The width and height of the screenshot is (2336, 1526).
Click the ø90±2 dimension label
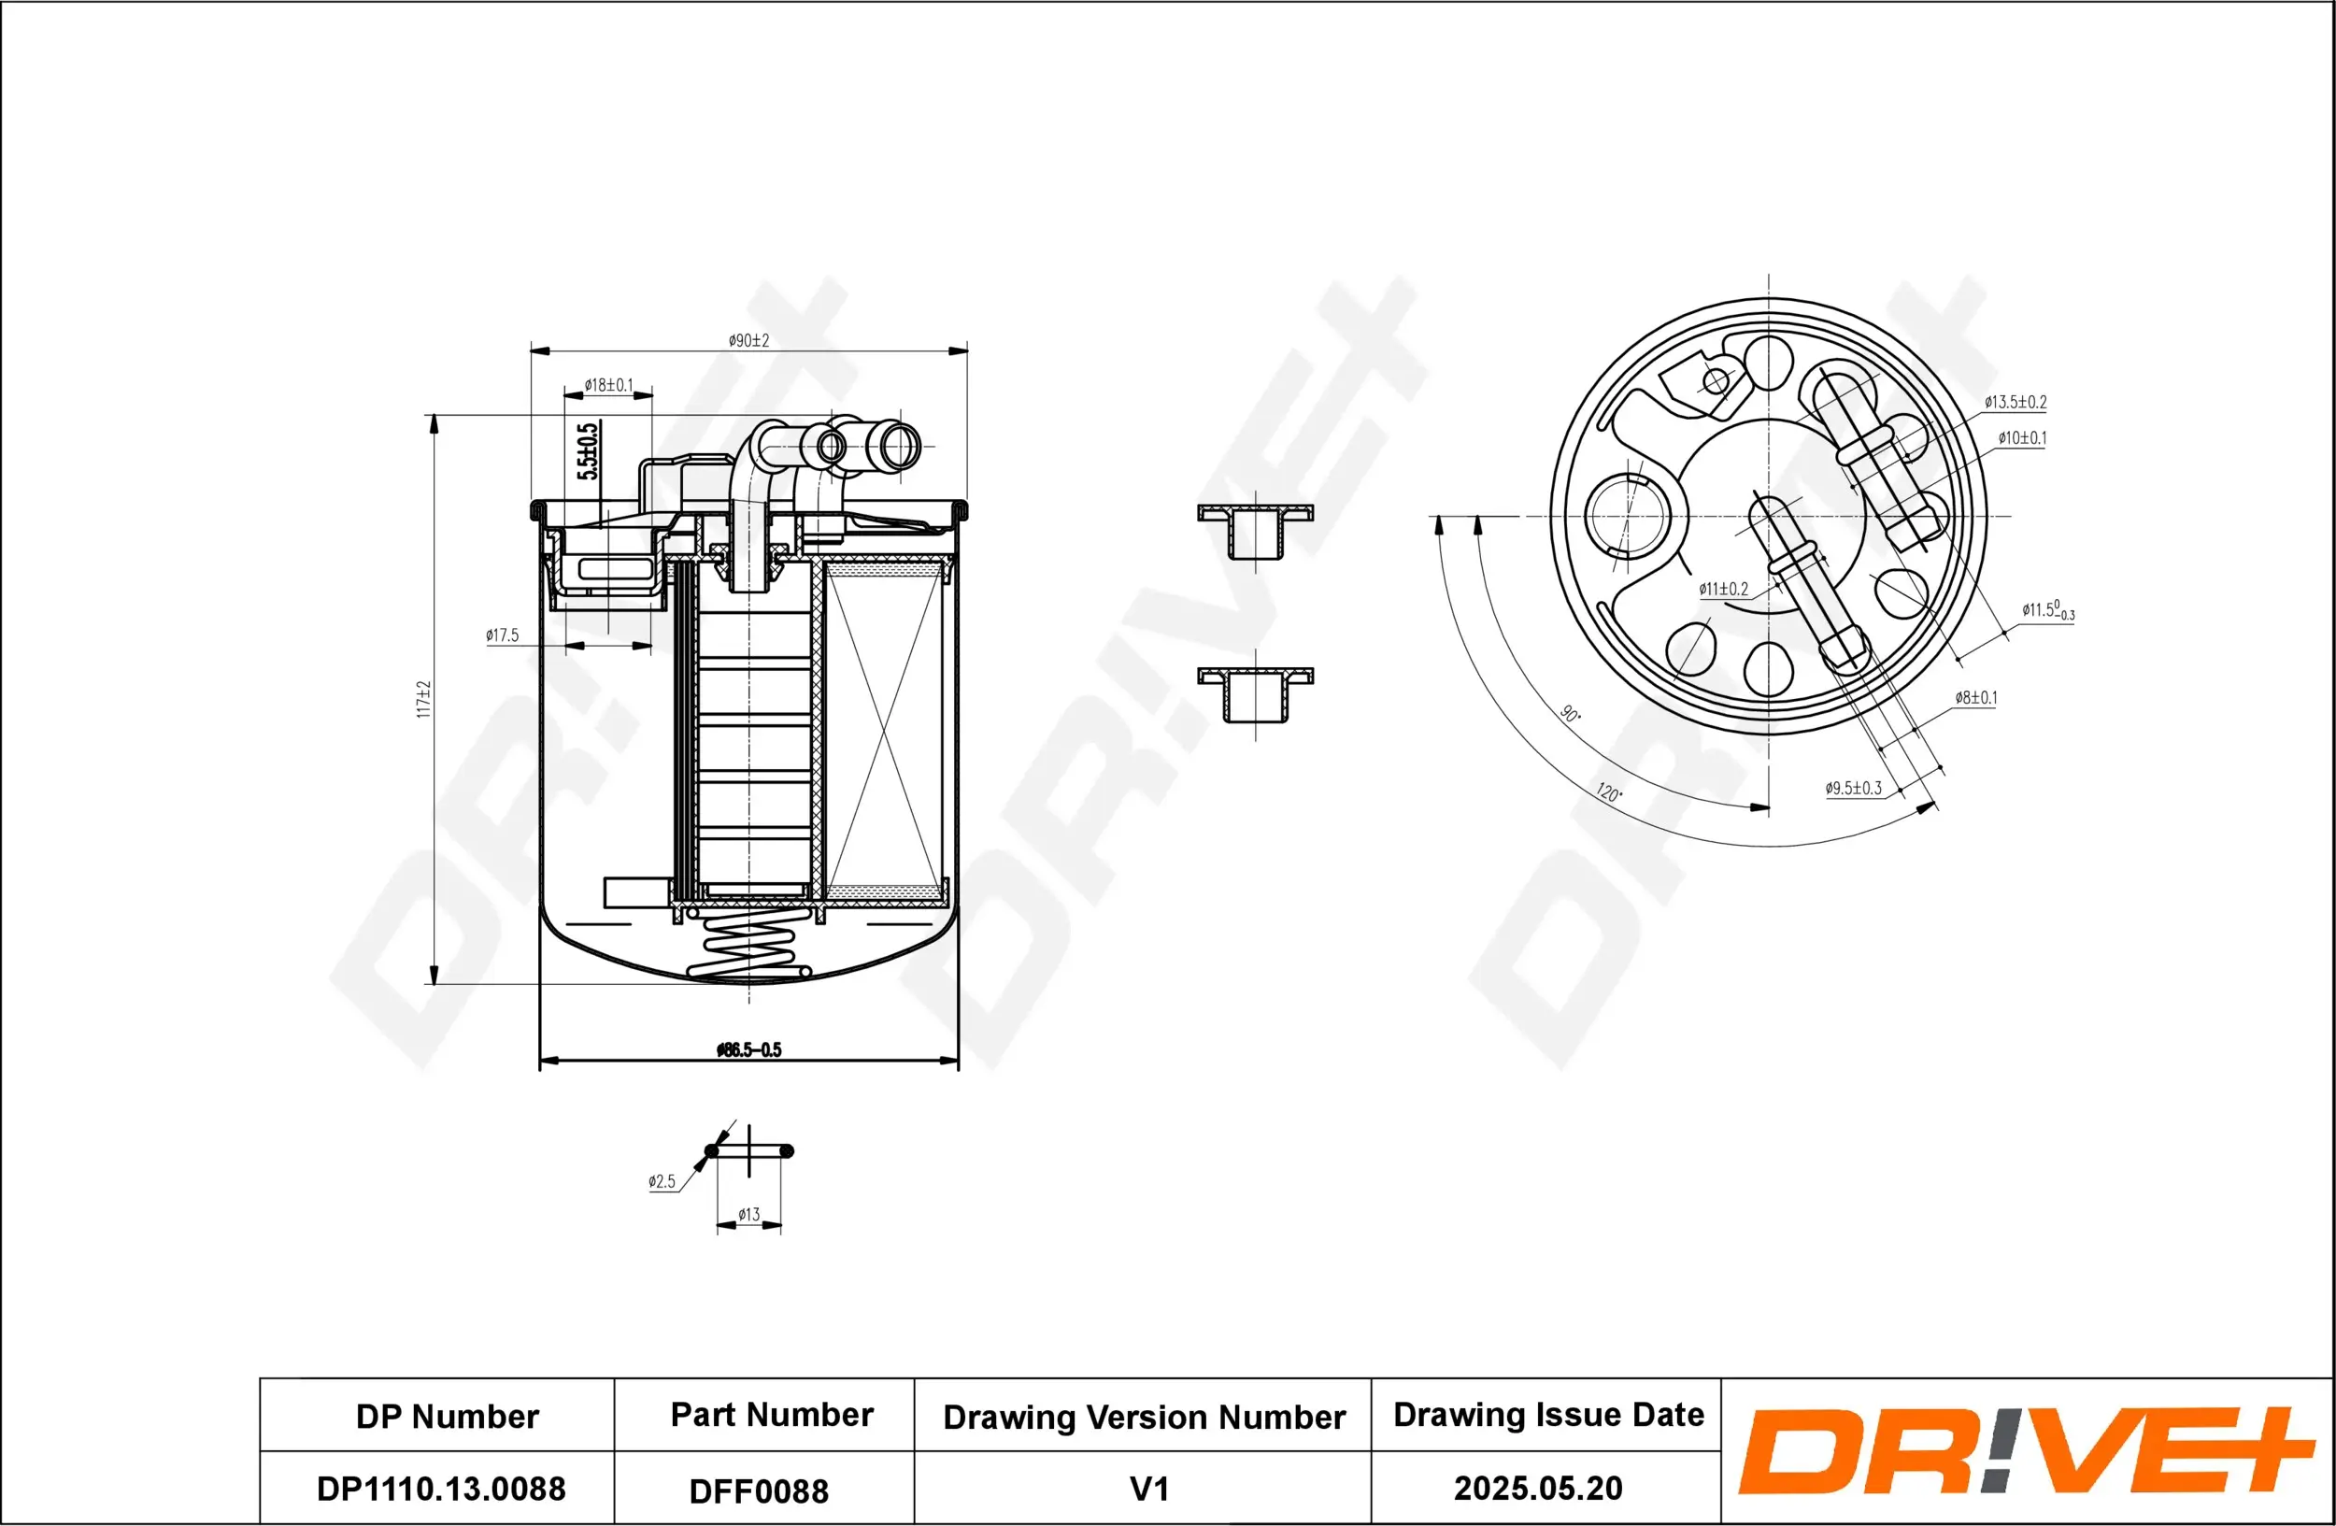click(x=748, y=340)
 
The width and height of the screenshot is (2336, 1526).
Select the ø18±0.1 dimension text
click(x=608, y=386)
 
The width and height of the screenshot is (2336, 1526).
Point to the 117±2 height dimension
click(x=424, y=700)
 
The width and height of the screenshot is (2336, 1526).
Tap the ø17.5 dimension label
click(x=502, y=636)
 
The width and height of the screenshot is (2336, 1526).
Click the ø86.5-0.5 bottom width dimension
click(x=748, y=1050)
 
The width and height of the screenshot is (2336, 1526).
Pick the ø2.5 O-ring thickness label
click(x=662, y=1182)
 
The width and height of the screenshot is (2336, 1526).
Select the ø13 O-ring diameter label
click(x=748, y=1215)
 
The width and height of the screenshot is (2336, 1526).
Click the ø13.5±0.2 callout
click(x=2016, y=403)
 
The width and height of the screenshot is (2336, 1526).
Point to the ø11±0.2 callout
click(x=1724, y=590)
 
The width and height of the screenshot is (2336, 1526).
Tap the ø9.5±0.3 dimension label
click(x=1853, y=789)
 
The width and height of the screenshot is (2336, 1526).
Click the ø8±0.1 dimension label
click(x=1974, y=698)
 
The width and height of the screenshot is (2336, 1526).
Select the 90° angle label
click(x=1571, y=713)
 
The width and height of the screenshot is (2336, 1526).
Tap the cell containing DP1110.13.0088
click(x=441, y=1489)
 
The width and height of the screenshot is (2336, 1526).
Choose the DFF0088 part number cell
click(x=759, y=1491)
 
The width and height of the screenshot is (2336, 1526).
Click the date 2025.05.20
click(x=1537, y=1489)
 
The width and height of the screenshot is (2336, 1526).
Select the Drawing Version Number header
click(x=1144, y=1417)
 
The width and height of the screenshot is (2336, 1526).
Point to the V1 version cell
click(x=1148, y=1490)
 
